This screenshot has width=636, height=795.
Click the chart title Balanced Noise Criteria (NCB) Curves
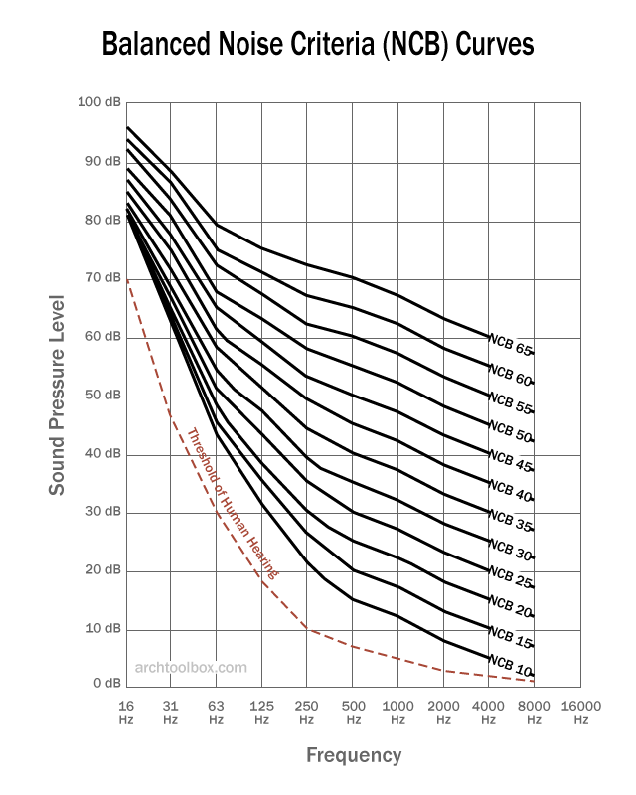click(318, 45)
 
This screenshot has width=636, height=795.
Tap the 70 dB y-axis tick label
click(101, 278)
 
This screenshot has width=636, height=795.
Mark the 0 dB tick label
click(106, 684)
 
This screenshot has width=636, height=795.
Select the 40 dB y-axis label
click(101, 454)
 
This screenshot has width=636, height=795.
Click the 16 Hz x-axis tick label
click(125, 711)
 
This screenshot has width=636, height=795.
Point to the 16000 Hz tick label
click(579, 711)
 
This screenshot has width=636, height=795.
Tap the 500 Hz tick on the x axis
click(353, 711)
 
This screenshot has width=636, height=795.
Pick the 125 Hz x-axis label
click(261, 711)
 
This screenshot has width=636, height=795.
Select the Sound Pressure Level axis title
click(59, 395)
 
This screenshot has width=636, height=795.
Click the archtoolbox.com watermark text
click(191, 668)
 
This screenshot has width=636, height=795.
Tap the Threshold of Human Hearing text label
click(233, 504)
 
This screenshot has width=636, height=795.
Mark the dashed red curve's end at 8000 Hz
click(534, 681)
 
